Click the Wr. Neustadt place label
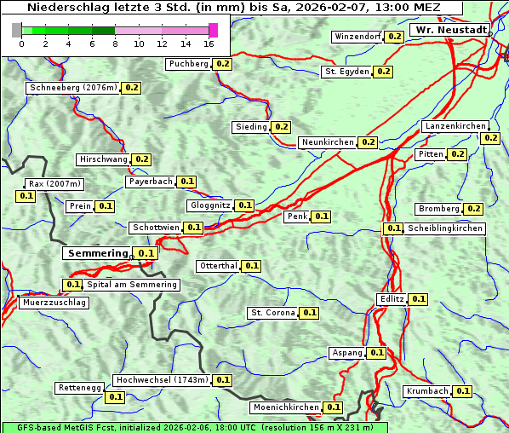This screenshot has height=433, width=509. tap(450, 30)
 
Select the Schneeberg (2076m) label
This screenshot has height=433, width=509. tap(72, 88)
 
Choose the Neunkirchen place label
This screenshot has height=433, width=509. tap(328, 142)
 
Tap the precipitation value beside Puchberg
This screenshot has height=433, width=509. tap(222, 64)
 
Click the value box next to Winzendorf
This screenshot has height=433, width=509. tap(394, 37)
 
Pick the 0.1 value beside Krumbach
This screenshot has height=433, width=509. tap(463, 391)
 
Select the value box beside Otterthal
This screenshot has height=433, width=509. tap(252, 266)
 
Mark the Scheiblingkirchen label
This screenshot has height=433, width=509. tap(444, 228)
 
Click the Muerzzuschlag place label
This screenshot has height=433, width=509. tap(54, 303)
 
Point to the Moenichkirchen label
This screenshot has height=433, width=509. tap(286, 408)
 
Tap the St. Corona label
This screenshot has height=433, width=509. tap(272, 313)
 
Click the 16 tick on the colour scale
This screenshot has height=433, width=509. tap(209, 43)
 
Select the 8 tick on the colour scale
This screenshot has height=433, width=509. tap(115, 43)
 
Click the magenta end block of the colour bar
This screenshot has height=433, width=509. tap(213, 31)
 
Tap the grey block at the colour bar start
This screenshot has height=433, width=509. tap(17, 31)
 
